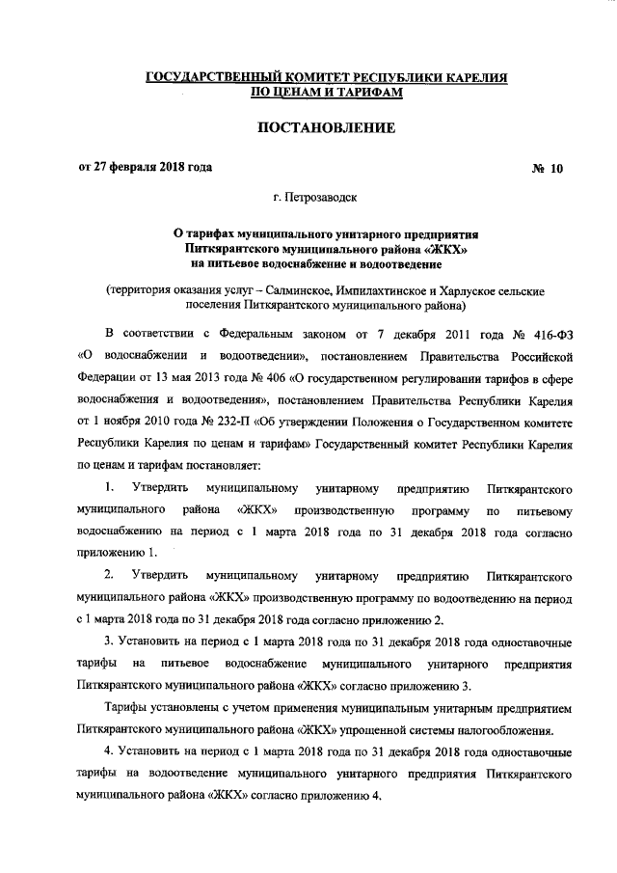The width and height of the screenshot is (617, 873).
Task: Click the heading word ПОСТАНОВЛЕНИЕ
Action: tap(308, 127)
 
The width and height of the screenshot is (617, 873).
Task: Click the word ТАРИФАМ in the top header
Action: tap(354, 92)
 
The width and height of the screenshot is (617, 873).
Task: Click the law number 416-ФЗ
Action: tap(550, 334)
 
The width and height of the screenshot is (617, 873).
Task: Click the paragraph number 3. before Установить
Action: tap(110, 641)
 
